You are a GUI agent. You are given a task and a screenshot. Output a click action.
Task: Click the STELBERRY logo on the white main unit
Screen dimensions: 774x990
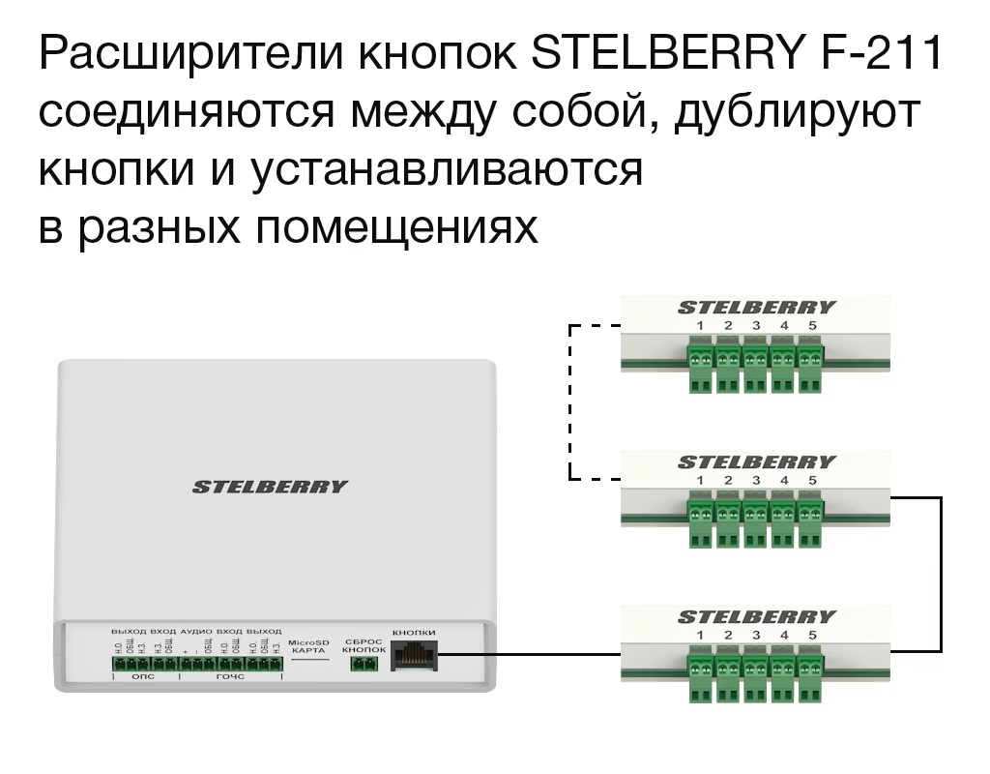pos(269,487)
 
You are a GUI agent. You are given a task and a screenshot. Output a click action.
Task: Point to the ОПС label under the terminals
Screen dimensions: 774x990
pos(142,677)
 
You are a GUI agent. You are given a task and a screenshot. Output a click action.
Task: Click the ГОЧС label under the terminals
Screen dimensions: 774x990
pos(229,677)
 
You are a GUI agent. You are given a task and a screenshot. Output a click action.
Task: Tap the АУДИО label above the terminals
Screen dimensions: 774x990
pos(196,631)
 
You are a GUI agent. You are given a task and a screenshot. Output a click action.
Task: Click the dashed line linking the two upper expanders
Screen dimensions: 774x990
pos(570,402)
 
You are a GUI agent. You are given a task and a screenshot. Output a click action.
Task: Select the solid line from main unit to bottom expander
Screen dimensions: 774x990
pos(527,653)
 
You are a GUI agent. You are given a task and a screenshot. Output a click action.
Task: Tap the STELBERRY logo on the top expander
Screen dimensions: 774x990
pos(756,308)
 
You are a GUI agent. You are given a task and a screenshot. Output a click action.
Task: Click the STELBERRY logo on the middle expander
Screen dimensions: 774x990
pos(756,462)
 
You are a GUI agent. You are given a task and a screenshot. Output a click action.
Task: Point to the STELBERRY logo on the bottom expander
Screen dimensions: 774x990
pos(756,617)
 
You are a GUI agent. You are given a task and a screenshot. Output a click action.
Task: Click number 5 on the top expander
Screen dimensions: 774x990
pos(812,325)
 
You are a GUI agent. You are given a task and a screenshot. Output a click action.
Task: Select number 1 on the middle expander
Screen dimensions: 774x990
pos(700,480)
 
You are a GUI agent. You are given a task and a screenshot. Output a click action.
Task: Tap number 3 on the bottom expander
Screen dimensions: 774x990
pos(756,635)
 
